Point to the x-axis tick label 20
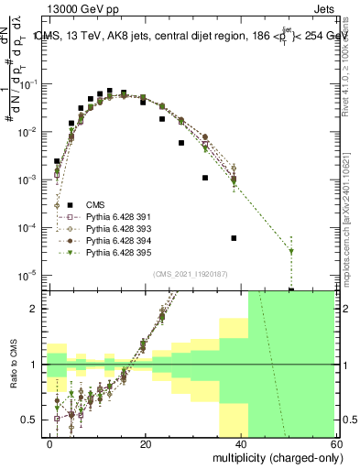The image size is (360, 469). (145, 443)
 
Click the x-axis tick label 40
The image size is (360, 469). (239, 443)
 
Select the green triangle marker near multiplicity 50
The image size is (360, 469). (291, 251)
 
